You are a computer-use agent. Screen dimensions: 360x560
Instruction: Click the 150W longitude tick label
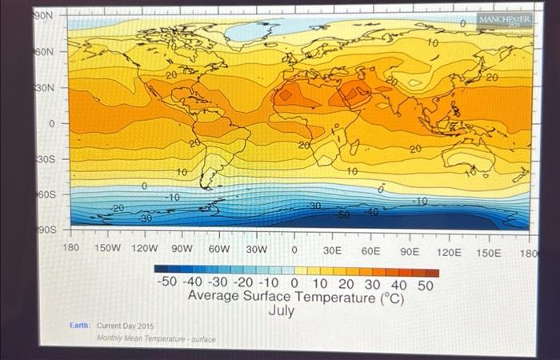(108, 249)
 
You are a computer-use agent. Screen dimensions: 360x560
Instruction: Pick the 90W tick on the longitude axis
(182, 250)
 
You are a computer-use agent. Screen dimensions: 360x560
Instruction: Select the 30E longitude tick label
(333, 250)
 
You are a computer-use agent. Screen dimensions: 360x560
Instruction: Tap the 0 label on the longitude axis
(294, 250)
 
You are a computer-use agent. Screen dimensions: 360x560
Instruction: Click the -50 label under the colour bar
(167, 284)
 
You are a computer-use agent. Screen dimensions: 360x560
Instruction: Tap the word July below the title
(281, 310)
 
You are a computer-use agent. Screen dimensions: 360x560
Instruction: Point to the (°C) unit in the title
(387, 298)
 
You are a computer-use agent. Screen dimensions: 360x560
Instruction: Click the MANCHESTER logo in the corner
(504, 19)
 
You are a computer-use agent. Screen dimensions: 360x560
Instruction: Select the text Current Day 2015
(126, 326)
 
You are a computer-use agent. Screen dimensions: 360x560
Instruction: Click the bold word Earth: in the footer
(79, 326)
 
